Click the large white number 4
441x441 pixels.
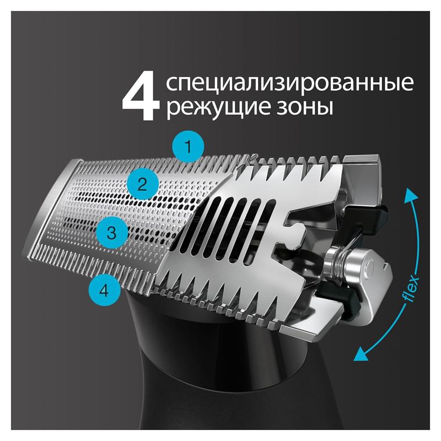tap(141, 95)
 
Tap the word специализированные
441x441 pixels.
tap(290, 83)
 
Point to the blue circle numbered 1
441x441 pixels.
tap(189, 147)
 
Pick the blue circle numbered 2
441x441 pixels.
tap(142, 185)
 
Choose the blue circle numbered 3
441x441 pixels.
tap(112, 233)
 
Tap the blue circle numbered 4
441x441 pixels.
tap(104, 290)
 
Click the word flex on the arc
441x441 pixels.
tap(411, 289)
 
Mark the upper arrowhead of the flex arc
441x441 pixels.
tap(411, 194)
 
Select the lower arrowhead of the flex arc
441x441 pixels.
tap(361, 354)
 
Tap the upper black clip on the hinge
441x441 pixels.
tap(365, 217)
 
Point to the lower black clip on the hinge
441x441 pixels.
tap(337, 298)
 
